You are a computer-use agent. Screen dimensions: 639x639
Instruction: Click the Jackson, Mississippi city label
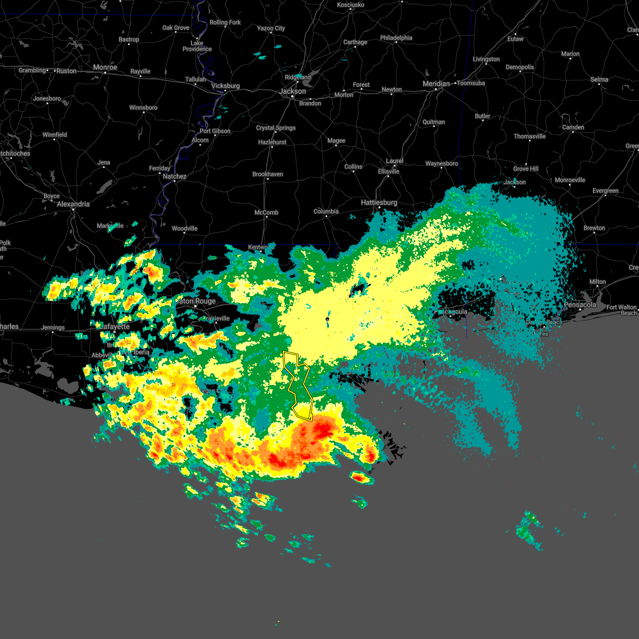tap(292, 91)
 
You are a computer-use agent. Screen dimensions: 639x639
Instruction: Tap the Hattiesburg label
tap(379, 202)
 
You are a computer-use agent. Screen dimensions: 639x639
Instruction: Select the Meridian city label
tap(436, 84)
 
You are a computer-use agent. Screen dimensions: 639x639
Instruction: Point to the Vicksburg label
tap(225, 86)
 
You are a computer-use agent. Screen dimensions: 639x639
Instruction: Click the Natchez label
tap(175, 176)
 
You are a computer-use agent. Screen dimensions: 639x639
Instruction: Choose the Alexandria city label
tap(73, 204)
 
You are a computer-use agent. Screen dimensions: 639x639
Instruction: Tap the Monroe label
tap(105, 68)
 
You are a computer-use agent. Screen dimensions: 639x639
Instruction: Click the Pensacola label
tap(580, 305)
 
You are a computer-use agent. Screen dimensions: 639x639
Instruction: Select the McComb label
tap(266, 212)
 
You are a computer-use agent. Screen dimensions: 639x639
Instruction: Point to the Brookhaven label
tap(267, 174)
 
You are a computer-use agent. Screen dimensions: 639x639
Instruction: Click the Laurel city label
tap(395, 161)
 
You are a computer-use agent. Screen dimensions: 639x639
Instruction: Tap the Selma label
tap(599, 79)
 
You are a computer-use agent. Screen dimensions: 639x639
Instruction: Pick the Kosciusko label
tap(350, 5)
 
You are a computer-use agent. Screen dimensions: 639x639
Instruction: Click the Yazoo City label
tap(271, 28)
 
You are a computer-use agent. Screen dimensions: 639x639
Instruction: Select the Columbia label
tap(326, 211)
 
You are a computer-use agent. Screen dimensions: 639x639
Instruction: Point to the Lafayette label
tap(114, 326)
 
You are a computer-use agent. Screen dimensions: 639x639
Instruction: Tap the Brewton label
tap(594, 228)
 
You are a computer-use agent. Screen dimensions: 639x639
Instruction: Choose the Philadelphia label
tap(396, 38)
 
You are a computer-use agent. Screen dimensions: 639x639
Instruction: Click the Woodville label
tap(184, 228)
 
